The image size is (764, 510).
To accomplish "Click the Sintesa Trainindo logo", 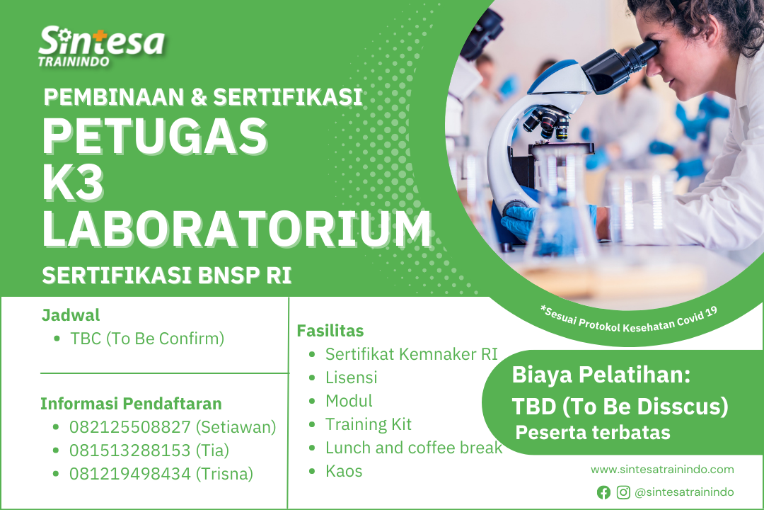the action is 101,46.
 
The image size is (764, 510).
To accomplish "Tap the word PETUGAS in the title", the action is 156,136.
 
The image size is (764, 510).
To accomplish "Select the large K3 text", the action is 73,183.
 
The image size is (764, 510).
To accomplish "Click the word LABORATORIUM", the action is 237,228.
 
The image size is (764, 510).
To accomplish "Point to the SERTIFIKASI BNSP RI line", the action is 167,276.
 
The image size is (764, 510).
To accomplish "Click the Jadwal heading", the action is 71,315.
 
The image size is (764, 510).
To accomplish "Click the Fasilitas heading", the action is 330,331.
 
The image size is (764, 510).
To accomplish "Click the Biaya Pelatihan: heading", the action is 601,375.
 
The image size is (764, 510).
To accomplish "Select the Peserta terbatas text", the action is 593,432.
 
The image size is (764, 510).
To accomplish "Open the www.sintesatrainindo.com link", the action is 662,470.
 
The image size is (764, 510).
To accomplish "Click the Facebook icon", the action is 603,492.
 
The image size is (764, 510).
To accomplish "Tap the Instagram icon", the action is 623,492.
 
